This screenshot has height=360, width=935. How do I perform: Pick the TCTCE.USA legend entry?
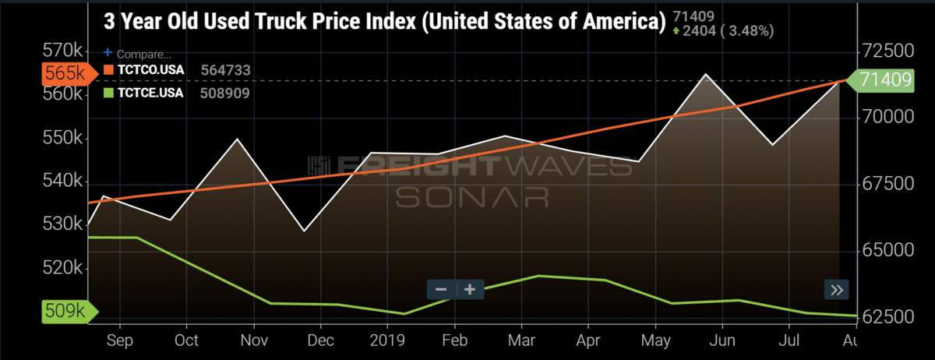coord(149,93)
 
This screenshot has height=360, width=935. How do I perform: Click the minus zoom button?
coord(441,289)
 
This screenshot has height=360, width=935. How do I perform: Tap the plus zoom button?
coord(470,289)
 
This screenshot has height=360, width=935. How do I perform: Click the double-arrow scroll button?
coord(837,290)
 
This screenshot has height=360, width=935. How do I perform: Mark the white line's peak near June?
coord(705,74)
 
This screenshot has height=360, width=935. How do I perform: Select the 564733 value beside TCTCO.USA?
coord(225,69)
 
